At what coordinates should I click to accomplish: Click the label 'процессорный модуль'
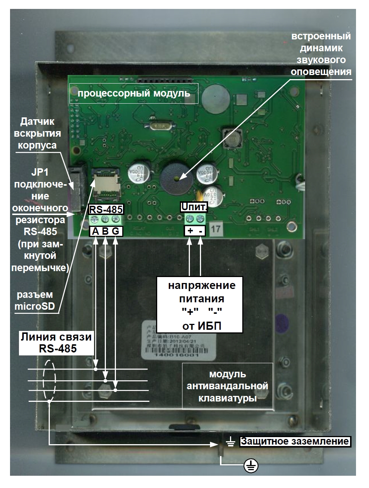pyautogui.click(x=134, y=93)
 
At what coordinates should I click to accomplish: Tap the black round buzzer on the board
pyautogui.click(x=177, y=179)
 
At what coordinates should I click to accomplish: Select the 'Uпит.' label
pyautogui.click(x=194, y=207)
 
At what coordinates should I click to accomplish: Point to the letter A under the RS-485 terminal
pyautogui.click(x=96, y=231)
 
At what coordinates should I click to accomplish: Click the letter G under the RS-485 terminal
pyautogui.click(x=116, y=231)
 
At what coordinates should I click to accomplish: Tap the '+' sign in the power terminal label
pyautogui.click(x=190, y=231)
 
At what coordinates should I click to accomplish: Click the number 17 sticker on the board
pyautogui.click(x=216, y=229)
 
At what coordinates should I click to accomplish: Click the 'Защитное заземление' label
pyautogui.click(x=295, y=442)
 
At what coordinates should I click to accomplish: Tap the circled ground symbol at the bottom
pyautogui.click(x=251, y=465)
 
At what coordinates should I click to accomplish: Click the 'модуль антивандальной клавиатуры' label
pyautogui.click(x=227, y=386)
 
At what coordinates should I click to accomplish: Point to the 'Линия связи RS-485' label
pyautogui.click(x=56, y=342)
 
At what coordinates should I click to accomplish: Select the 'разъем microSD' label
pyautogui.click(x=34, y=300)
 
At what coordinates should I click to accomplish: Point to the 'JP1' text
pyautogui.click(x=39, y=172)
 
